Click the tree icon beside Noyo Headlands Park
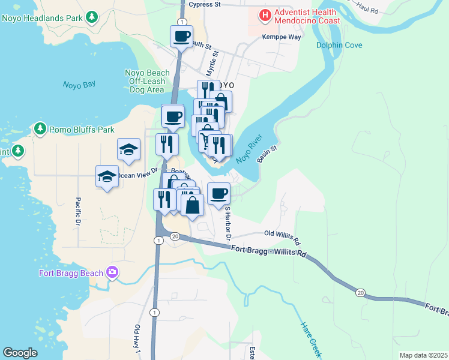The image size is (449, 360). coord(92,16)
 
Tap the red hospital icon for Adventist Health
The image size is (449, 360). coord(264,14)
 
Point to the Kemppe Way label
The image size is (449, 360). coord(282,37)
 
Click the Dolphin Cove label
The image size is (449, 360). coord(340,45)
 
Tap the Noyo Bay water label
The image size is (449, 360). coord(80,85)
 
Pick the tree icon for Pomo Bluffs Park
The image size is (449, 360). coord(40,128)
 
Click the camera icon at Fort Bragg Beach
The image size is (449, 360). coord(112,273)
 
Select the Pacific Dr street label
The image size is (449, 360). coord(78,212)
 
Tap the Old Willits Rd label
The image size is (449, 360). coord(282,234)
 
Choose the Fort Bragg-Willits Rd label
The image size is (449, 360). coord(269,250)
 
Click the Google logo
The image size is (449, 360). coord(20,353)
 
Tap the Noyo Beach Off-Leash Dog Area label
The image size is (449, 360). coord(147,82)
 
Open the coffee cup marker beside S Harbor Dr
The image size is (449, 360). coord(218,193)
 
